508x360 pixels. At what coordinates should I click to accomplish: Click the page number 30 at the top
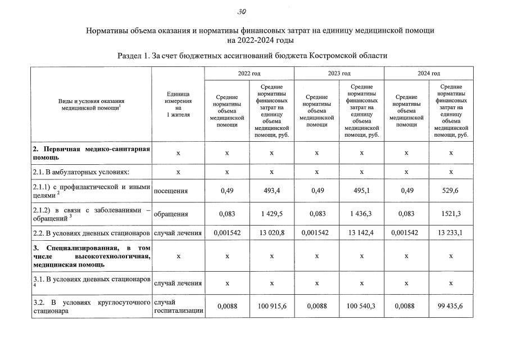242,12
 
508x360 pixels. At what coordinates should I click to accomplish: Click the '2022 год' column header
249,73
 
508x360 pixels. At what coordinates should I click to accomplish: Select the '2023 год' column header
339,73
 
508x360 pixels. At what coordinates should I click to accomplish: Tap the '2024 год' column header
429,73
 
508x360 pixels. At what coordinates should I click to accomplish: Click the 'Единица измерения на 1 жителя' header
178,104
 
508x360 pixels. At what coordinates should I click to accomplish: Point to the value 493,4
271,191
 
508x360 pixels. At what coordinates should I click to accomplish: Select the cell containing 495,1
361,191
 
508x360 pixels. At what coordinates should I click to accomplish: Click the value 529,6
451,191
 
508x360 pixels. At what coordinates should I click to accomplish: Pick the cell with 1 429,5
271,214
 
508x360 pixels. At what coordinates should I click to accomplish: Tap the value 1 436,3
361,214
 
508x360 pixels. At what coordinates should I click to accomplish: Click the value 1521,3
451,214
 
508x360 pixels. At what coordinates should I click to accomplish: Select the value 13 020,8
271,232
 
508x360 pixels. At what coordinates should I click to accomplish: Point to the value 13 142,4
361,232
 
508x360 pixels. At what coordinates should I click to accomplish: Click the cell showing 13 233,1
451,232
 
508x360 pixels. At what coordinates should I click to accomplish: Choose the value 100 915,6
271,307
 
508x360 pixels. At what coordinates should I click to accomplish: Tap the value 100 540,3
361,307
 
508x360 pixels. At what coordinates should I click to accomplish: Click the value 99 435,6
451,307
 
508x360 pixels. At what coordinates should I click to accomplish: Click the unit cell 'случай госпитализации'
178,307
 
